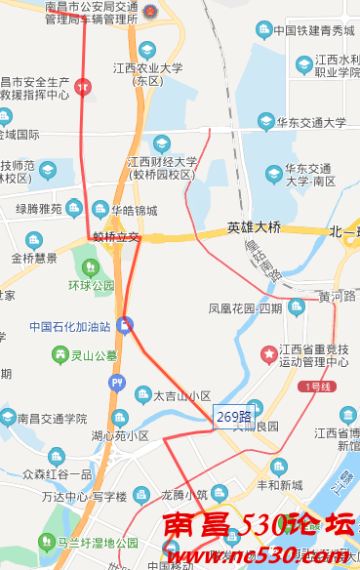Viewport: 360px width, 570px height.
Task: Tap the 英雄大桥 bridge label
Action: coord(254,228)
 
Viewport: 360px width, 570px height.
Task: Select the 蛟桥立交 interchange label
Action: coord(116,237)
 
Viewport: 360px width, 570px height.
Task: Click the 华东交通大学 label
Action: coord(311,123)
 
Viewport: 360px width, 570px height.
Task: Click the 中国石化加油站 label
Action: coord(69,327)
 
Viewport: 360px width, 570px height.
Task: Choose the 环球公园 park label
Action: coord(91,286)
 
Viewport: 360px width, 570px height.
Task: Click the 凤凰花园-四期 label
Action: coord(245,308)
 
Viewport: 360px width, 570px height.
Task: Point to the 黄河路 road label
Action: coord(338,295)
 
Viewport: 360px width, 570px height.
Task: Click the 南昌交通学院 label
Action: coord(52,419)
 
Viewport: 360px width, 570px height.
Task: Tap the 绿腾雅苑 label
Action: coord(39,209)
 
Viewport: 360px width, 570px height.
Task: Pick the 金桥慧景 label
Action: coord(34,259)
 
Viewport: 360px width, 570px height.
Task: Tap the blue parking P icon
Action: coord(117,383)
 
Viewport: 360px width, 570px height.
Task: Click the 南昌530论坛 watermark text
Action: coord(259,527)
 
